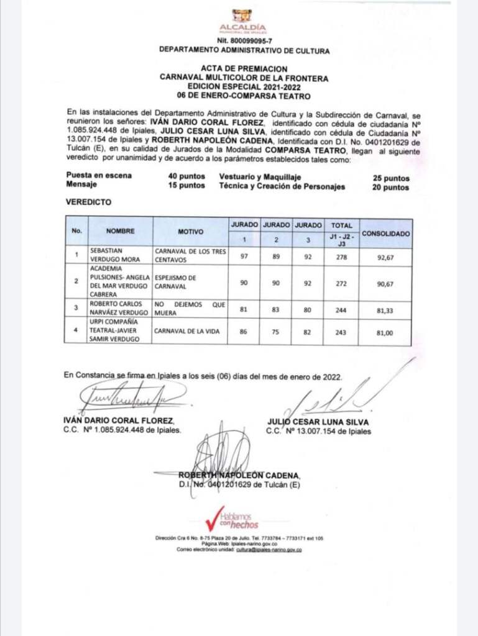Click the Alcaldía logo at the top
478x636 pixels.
(242, 20)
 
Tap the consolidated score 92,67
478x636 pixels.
(385, 255)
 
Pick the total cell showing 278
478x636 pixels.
(342, 255)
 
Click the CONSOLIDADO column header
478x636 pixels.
(385, 234)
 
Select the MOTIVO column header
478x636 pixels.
(191, 231)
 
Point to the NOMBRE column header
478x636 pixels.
(121, 231)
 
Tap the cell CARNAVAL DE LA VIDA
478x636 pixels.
(184, 332)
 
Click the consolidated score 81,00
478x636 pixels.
(385, 332)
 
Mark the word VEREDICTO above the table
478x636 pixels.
(88, 202)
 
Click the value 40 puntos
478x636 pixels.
(186, 176)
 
